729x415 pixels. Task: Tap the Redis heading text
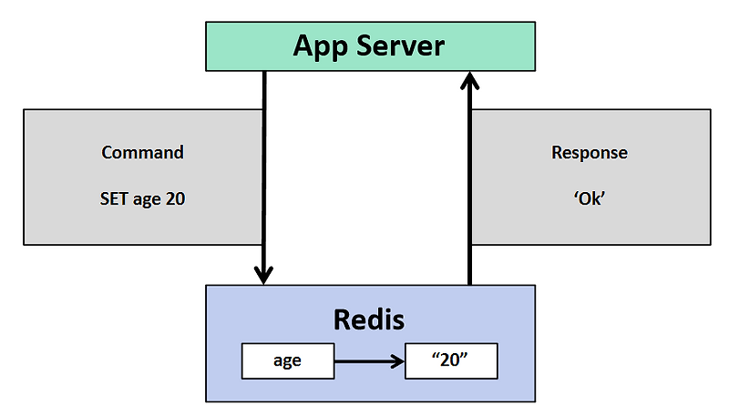[x=368, y=319]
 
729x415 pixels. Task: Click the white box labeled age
[x=287, y=361]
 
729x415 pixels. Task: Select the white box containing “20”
[x=451, y=361]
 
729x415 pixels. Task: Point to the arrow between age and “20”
[x=364, y=361]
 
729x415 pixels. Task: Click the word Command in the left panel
[x=142, y=152]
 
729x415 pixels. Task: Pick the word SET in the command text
[x=116, y=198]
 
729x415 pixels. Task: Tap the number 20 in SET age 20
[x=175, y=198]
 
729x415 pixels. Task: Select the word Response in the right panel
[x=590, y=152]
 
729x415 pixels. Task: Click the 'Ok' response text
[x=590, y=198]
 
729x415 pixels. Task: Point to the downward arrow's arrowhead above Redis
[x=264, y=273]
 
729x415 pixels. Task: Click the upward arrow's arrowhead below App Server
[x=469, y=83]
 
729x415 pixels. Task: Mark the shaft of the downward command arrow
[x=264, y=173]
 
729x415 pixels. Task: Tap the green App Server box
[x=510, y=46]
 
